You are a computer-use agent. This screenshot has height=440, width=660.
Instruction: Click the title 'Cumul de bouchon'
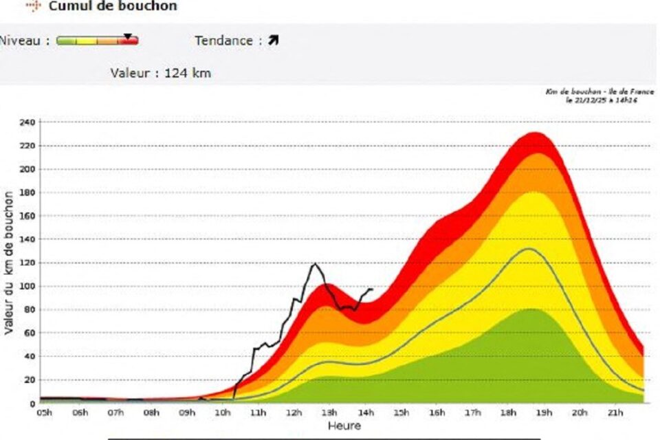[x=113, y=6]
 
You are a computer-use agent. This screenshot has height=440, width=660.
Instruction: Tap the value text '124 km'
[x=188, y=73]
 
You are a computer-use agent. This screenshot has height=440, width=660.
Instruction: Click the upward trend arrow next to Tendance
[x=274, y=41]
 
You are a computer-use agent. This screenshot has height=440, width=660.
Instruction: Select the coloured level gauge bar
[x=97, y=41]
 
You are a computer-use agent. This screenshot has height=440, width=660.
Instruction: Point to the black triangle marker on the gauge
[x=128, y=36]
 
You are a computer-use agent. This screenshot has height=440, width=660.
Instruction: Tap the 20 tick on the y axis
[x=29, y=379]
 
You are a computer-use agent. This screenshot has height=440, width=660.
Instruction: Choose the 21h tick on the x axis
[x=615, y=412]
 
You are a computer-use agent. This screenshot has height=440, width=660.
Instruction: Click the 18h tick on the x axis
[x=508, y=412]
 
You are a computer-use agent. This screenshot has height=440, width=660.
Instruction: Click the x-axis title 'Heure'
[x=344, y=426]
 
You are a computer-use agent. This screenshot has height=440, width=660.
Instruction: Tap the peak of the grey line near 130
[x=528, y=249]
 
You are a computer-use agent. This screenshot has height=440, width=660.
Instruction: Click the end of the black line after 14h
[x=372, y=289]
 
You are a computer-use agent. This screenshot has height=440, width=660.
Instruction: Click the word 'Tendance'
[x=223, y=41]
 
